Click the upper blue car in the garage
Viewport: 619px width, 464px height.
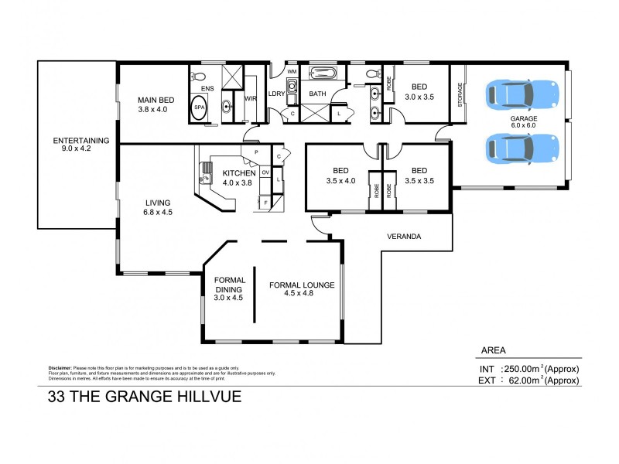click(x=522, y=94)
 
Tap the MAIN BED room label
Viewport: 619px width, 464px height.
click(x=155, y=104)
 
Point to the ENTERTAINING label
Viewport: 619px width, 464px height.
click(x=80, y=145)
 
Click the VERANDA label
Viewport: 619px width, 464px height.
click(x=404, y=237)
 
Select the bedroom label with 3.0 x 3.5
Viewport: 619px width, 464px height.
click(x=419, y=92)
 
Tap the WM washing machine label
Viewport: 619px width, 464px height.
click(x=292, y=72)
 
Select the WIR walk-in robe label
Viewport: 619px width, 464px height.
click(x=250, y=99)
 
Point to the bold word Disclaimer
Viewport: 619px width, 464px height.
click(x=59, y=368)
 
